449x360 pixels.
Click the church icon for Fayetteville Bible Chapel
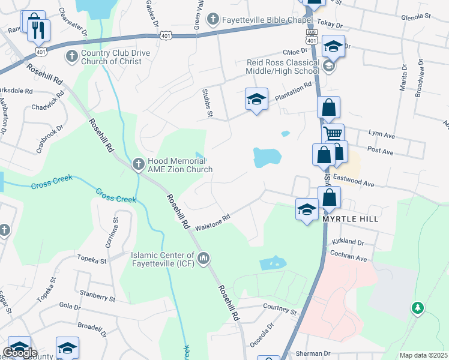click(x=212, y=20)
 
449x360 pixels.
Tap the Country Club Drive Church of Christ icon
click(x=71, y=56)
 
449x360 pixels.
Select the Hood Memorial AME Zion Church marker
click(x=138, y=163)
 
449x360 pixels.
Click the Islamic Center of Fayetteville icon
click(x=203, y=259)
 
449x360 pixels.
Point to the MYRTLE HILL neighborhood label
click(x=351, y=219)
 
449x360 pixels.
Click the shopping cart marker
click(x=333, y=133)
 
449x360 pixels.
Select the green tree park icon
click(x=417, y=308)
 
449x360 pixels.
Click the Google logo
click(x=20, y=353)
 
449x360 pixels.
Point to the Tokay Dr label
click(x=330, y=26)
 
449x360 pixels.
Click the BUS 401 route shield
click(x=310, y=37)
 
